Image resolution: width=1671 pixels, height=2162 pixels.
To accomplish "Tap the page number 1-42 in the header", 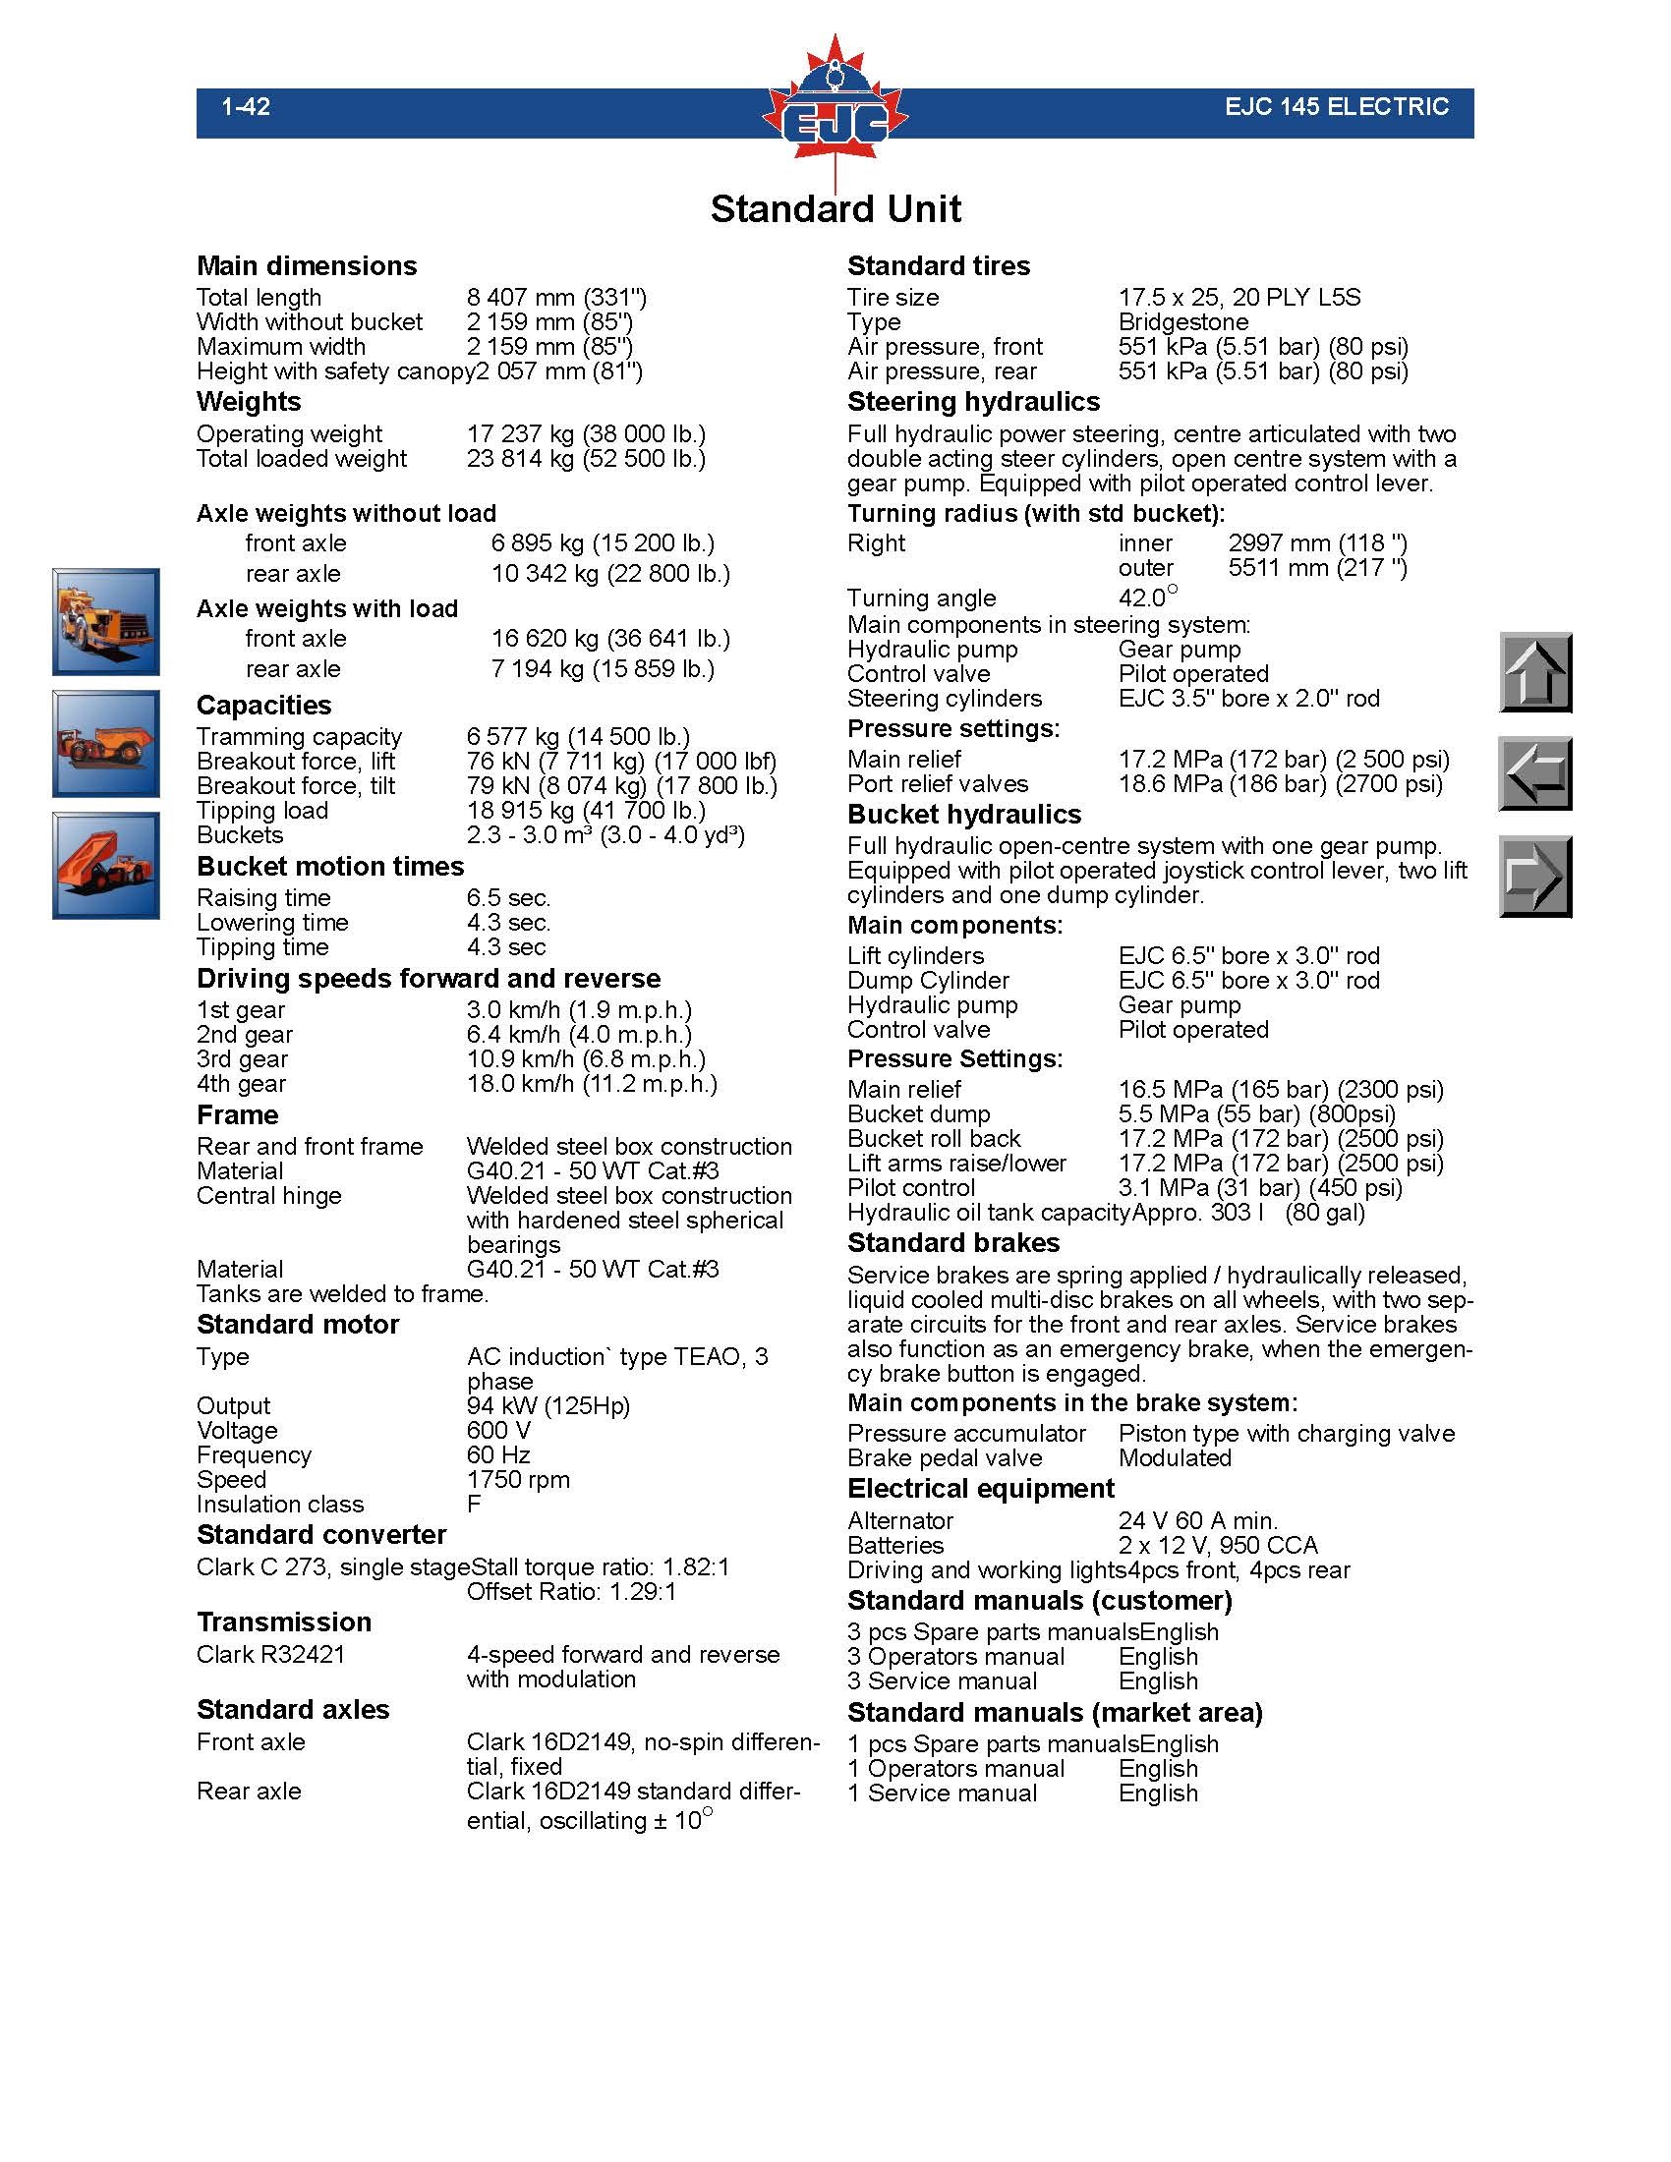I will point(246,107).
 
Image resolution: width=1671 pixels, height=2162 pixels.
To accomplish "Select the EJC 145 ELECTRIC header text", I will point(1336,107).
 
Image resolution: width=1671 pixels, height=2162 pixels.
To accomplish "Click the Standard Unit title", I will point(835,209).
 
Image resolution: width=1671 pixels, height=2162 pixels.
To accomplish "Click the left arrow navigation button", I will point(1534,773).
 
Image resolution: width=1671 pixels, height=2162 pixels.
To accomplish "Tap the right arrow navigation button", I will point(1534,876).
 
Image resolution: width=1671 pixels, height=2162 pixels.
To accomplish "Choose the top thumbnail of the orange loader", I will point(106,622).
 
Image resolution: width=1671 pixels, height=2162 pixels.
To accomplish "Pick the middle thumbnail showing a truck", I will point(106,744).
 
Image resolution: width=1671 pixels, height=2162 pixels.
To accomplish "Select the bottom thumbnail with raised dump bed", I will point(106,865).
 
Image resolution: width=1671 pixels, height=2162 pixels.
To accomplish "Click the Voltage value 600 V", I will point(499,1431).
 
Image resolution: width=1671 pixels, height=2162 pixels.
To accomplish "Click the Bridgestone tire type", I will point(1182,322).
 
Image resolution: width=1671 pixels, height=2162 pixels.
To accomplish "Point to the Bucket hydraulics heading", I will point(964,815).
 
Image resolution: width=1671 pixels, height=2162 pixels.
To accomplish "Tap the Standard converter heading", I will point(321,1535).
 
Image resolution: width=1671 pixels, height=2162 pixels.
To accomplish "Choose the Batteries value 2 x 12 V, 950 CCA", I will point(1218,1545).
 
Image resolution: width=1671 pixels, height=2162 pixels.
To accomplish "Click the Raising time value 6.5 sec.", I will point(509,898).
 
